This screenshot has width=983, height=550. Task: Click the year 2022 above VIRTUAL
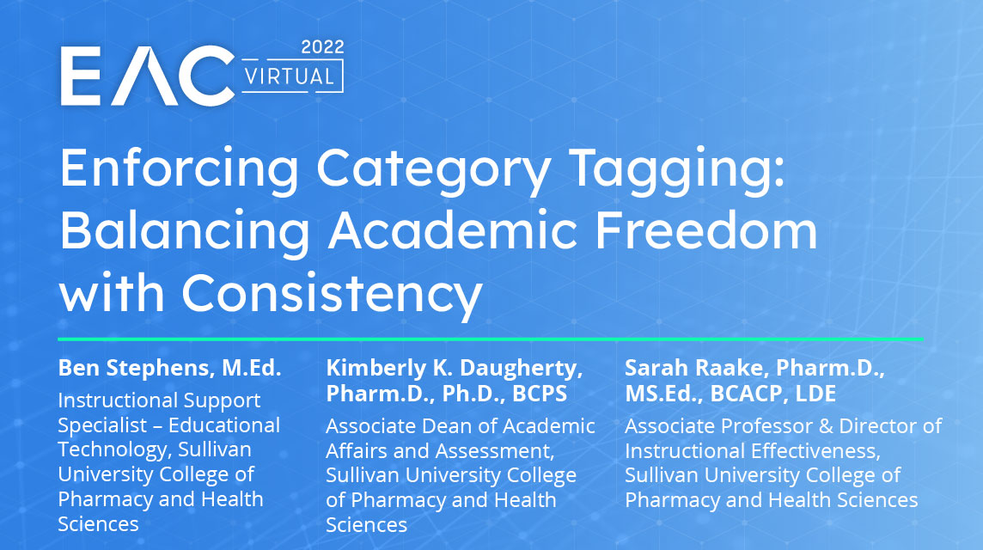pyautogui.click(x=322, y=47)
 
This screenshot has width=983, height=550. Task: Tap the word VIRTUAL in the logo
pyautogui.click(x=290, y=76)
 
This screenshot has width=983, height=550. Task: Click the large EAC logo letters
pyautogui.click(x=147, y=76)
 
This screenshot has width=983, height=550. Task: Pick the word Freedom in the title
pyautogui.click(x=706, y=229)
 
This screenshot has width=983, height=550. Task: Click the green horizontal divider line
pyautogui.click(x=491, y=339)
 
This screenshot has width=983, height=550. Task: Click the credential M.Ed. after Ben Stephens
pyautogui.click(x=252, y=368)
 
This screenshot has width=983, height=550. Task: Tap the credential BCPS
pyautogui.click(x=540, y=394)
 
